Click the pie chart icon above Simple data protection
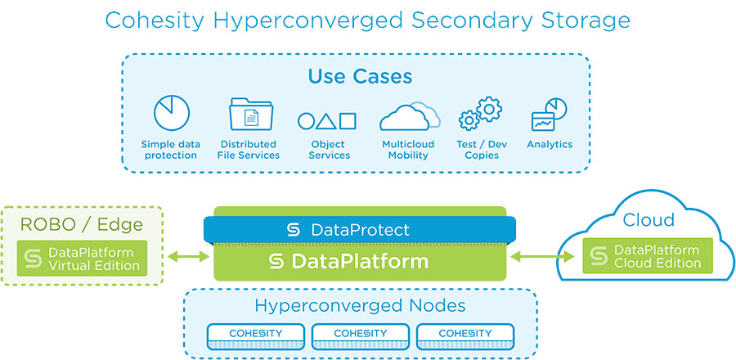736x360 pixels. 172,113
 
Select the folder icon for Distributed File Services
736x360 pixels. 251,114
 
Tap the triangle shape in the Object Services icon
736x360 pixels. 325,121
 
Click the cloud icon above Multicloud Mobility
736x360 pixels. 410,116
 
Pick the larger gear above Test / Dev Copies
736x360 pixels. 489,109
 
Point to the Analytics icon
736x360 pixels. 549,115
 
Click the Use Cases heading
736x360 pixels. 360,77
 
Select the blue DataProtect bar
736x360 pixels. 360,230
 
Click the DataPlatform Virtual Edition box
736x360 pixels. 82,259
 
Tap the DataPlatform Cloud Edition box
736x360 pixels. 648,256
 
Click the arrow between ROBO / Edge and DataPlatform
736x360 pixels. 188,256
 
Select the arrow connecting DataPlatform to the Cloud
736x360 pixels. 542,256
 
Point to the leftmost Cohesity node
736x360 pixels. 255,336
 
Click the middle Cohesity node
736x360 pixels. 360,336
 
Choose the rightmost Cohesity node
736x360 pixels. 464,336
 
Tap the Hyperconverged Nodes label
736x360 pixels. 360,305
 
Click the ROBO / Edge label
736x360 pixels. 82,225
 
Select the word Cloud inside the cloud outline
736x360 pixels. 648,219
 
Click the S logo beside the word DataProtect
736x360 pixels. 294,230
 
